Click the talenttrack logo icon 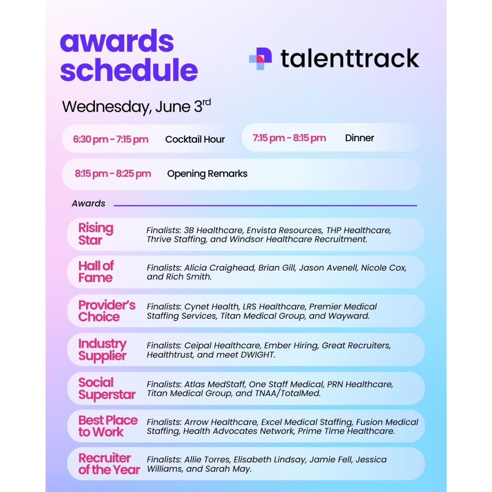point(260,58)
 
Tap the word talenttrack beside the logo point(350,58)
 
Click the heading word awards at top point(117,41)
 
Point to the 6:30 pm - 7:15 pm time point(111,139)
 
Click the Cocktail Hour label point(195,139)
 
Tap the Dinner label point(359,138)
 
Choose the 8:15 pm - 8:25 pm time point(113,174)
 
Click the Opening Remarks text point(207,174)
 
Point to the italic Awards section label point(88,204)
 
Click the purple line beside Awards point(265,205)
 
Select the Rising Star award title point(96,234)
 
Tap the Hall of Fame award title point(96,272)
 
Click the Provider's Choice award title point(107,311)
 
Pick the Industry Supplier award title point(102,350)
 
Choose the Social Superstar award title point(107,388)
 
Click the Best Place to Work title point(108,426)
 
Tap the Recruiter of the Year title point(109,464)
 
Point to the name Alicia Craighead point(219,268)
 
